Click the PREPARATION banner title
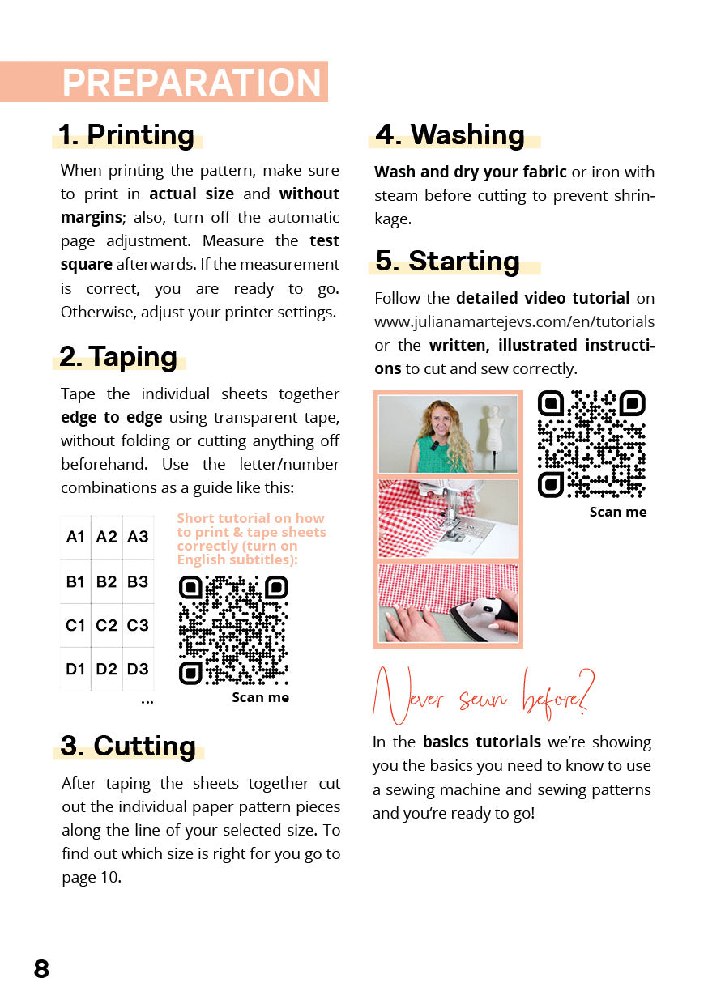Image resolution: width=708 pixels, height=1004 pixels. (x=192, y=83)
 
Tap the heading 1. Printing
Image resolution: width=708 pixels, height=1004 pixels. (x=126, y=134)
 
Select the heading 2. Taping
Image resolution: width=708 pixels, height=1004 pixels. (x=118, y=357)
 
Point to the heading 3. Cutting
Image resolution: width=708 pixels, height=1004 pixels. (x=129, y=746)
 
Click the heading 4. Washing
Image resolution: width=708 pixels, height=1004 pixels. (x=450, y=134)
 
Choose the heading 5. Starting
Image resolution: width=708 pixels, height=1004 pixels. (x=448, y=261)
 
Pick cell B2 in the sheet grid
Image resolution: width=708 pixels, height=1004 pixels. (x=106, y=581)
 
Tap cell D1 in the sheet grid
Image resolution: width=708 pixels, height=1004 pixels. (x=75, y=669)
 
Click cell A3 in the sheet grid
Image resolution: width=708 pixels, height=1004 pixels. (x=138, y=537)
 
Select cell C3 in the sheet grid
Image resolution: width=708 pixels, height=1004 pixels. (x=138, y=625)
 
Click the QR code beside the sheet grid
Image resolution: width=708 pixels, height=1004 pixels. (x=233, y=630)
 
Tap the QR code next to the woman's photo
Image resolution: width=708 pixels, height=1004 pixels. (x=591, y=444)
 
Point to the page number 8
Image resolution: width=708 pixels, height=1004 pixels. (x=41, y=968)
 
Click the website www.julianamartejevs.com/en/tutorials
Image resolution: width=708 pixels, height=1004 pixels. (x=514, y=322)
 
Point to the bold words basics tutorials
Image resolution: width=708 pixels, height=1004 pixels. (x=482, y=742)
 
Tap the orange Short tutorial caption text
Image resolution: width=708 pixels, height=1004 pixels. (x=251, y=538)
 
